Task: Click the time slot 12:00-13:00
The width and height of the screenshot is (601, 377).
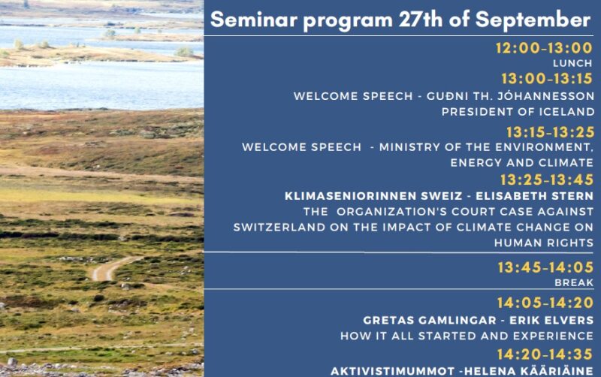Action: coord(544,48)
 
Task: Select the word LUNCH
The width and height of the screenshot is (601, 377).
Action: coord(572,63)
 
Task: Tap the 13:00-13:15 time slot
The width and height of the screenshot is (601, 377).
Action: coord(547,79)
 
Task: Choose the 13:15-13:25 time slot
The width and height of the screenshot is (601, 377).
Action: coord(550,132)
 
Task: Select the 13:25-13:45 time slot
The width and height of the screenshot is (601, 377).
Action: coord(547,179)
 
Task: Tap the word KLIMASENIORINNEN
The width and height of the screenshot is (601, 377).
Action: coord(373,196)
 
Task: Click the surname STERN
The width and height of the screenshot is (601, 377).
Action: coord(572,196)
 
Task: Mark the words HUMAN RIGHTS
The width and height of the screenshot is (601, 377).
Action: coord(544,243)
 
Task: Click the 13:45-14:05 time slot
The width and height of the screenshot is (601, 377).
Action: coord(545,267)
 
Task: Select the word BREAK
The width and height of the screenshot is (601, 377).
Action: coord(574,282)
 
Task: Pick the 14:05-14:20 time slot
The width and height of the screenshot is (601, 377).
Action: coord(545,303)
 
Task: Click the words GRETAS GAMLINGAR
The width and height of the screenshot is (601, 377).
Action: coord(429,320)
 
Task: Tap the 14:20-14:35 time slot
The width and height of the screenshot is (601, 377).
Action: coord(545,354)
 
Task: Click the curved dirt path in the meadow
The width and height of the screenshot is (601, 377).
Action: coord(111,268)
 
